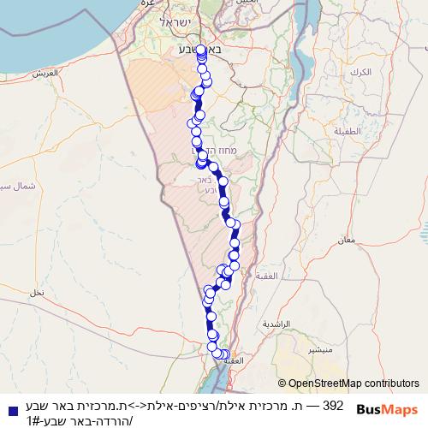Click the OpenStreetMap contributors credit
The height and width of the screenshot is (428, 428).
pyautogui.click(x=348, y=383)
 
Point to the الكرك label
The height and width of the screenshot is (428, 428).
pyautogui.click(x=360, y=72)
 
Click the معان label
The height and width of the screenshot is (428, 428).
pyautogui.click(x=347, y=241)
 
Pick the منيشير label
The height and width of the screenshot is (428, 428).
pyautogui.click(x=319, y=351)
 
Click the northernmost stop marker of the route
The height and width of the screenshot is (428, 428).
pyautogui.click(x=200, y=50)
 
